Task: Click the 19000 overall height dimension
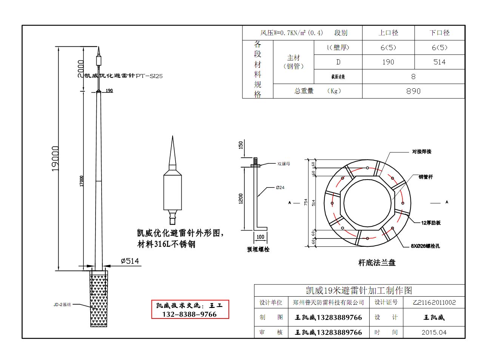coord(56,158)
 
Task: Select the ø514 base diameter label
coord(130,261)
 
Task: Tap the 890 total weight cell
coord(413,91)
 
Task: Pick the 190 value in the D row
coord(388,62)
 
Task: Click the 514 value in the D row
coord(439,62)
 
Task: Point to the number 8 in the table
coord(413,77)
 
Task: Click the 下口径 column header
coord(439,33)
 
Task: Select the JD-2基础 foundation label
coord(62,305)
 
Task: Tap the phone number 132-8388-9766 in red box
coord(190,314)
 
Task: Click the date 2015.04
coord(434,332)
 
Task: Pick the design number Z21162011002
coord(434,302)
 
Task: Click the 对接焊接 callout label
coord(421,152)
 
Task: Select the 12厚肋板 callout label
coord(431,223)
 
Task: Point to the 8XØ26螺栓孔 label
coord(425,246)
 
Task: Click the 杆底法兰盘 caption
coord(376,263)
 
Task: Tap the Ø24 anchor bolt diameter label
coord(280,188)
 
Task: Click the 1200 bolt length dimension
coord(241,198)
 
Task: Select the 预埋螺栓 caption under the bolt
coord(258,249)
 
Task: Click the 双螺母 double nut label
coord(284,164)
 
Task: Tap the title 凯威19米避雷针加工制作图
coord(359,290)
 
